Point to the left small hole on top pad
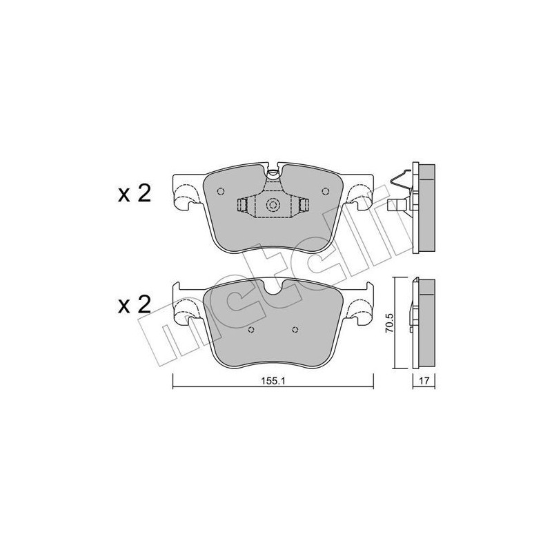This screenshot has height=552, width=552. pyautogui.click(x=220, y=193)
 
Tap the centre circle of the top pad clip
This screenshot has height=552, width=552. pyautogui.click(x=273, y=205)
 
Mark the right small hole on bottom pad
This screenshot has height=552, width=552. pyautogui.click(x=295, y=329)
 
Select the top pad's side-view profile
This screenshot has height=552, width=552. pyautogui.click(x=423, y=207)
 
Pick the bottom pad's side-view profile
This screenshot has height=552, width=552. pyautogui.click(x=422, y=322)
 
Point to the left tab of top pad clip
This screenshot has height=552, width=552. pyautogui.click(x=243, y=206)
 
